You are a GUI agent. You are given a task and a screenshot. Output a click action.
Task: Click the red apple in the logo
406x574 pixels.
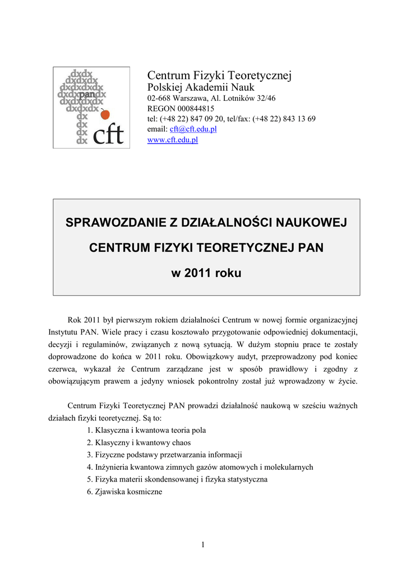tap(105, 114)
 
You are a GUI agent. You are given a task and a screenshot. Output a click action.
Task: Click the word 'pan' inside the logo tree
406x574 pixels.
tap(87, 95)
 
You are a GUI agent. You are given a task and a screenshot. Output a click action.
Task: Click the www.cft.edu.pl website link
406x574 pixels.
tap(173, 140)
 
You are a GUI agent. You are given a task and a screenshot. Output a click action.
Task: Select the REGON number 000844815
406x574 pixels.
tap(192, 108)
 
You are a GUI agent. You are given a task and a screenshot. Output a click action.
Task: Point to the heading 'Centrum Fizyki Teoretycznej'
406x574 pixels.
tap(219, 75)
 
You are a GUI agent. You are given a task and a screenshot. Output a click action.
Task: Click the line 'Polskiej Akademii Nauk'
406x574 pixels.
tap(200, 87)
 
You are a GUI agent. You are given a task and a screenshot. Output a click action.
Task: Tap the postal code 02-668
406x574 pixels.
tap(159, 98)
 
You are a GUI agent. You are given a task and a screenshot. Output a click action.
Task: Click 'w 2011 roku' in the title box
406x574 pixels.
tap(206, 274)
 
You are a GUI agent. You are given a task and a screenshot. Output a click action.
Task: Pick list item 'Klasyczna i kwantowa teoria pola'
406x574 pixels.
tap(150, 430)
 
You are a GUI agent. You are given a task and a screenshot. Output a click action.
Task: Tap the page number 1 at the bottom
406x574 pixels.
tap(203, 545)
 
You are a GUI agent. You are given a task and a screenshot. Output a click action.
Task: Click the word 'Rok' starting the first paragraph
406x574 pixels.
tap(75, 320)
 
